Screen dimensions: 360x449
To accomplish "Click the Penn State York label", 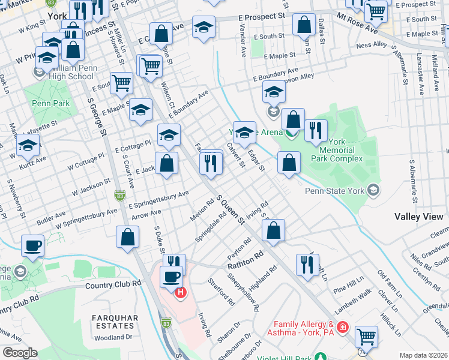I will (x=335, y=192).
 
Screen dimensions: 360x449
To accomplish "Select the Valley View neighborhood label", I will (x=418, y=217).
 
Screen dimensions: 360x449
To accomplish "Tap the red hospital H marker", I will (x=180, y=292).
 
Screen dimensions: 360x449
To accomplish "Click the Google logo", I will (x=20, y=353).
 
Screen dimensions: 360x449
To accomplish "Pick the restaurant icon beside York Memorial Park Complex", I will (x=316, y=130).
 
